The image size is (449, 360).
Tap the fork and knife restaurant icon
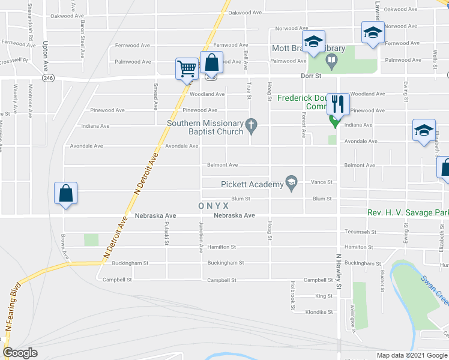click(x=337, y=104)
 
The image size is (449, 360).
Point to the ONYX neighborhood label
click(x=214, y=206)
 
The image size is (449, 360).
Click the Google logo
click(x=20, y=352)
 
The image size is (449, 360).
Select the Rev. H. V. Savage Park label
click(x=408, y=213)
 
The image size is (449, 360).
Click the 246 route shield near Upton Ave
click(x=49, y=77)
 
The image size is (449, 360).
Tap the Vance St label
click(x=322, y=182)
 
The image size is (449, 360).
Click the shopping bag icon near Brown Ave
click(x=65, y=194)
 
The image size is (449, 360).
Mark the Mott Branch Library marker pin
click(x=331, y=59)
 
